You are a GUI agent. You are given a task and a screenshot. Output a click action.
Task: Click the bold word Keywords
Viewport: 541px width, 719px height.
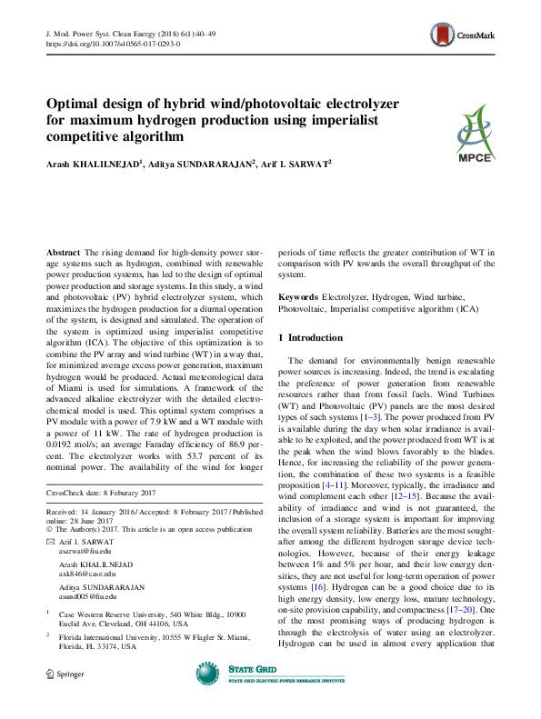coord(298,297)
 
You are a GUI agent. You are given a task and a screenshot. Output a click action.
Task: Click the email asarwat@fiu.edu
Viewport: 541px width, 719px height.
coord(85,550)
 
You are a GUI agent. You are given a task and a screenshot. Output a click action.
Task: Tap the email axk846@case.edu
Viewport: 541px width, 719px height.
coord(86,574)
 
